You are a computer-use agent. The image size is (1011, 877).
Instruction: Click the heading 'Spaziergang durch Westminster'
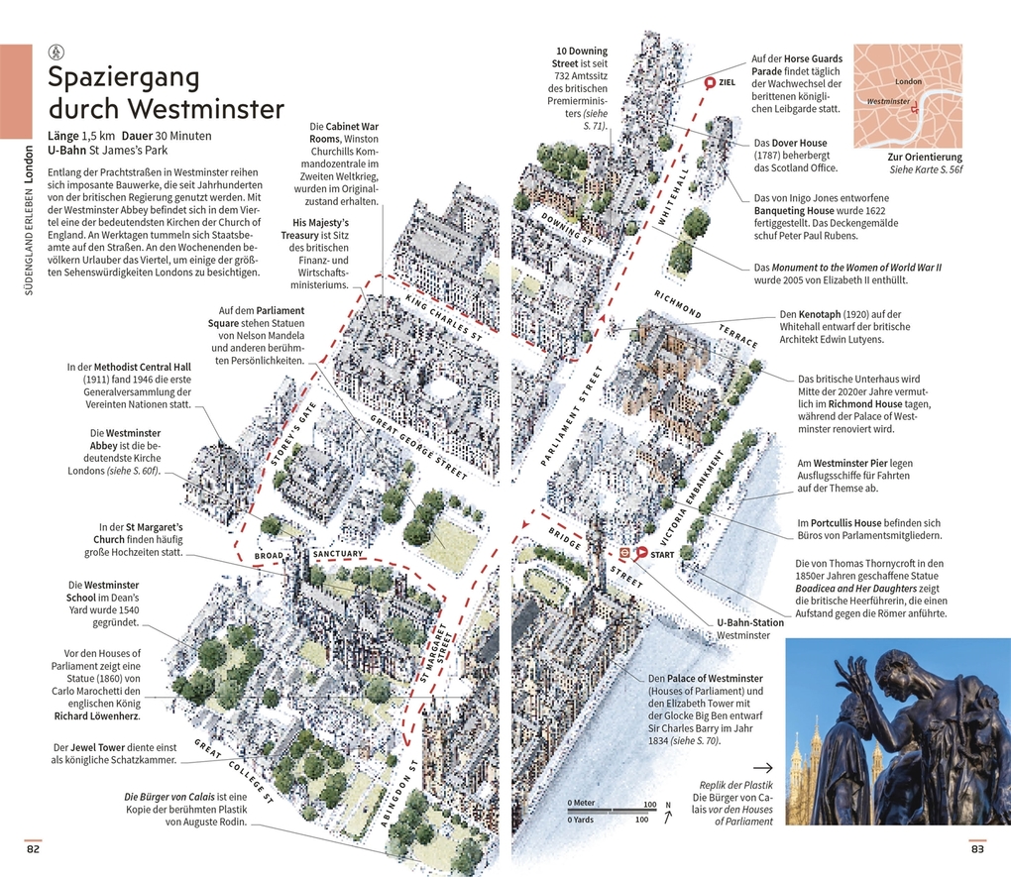click(x=166, y=92)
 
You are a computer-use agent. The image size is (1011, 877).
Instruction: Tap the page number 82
click(x=34, y=848)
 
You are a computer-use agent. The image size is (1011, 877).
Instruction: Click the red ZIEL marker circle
click(x=709, y=83)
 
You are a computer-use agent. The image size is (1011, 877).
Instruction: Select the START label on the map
click(x=662, y=555)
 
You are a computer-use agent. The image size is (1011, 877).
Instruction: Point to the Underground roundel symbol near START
click(x=625, y=553)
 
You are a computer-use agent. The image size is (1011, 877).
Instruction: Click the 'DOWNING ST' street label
click(x=566, y=229)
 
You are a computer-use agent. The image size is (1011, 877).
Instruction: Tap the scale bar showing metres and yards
click(x=612, y=811)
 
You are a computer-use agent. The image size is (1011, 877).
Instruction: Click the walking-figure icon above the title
click(x=56, y=52)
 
